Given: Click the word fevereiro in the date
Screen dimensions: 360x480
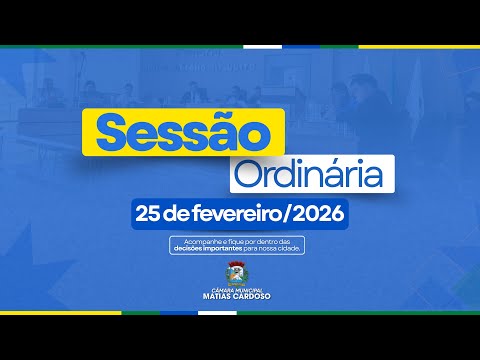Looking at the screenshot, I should click(237, 214).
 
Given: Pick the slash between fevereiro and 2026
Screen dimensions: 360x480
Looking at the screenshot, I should click(287, 214).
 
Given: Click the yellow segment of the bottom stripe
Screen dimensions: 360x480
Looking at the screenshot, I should click(60, 313).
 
